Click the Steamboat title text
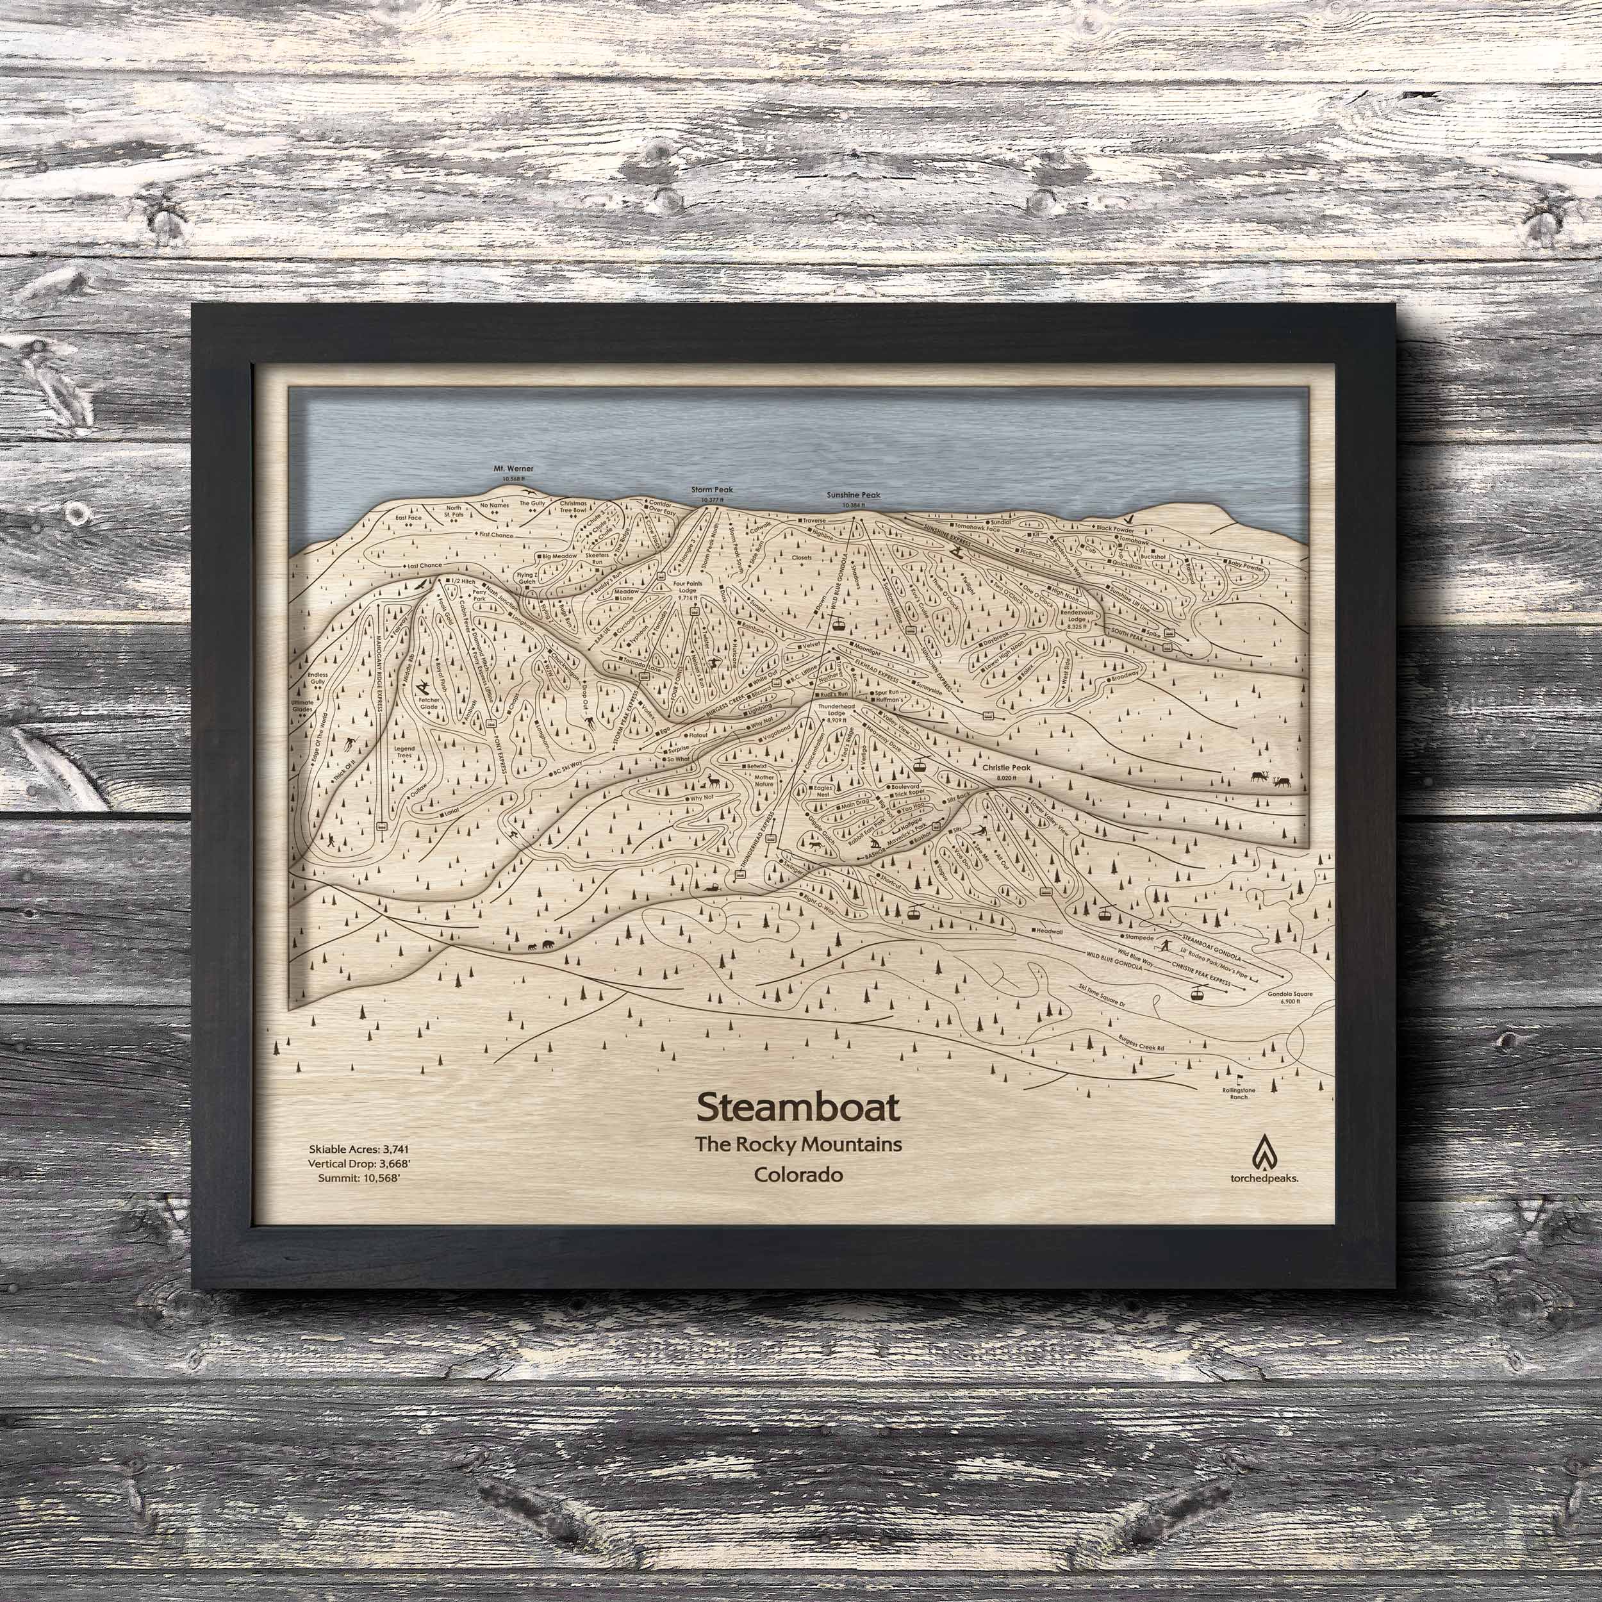(x=798, y=1106)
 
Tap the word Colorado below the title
(x=798, y=1176)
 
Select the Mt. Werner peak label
(x=514, y=468)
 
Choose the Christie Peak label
(x=1006, y=768)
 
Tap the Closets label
(x=802, y=557)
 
